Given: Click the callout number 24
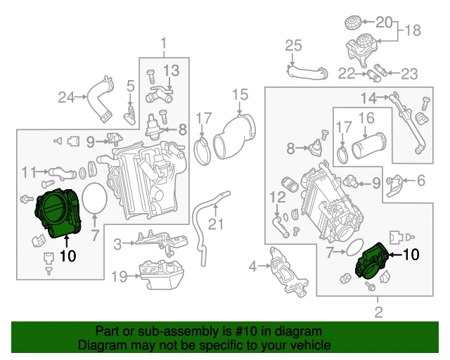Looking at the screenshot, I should pyautogui.click(x=66, y=97).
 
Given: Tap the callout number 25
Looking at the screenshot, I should pyautogui.click(x=293, y=47).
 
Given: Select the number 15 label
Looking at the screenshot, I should pyautogui.click(x=240, y=95).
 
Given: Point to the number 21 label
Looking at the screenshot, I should pyautogui.click(x=215, y=224).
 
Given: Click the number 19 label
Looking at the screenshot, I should pyautogui.click(x=120, y=276).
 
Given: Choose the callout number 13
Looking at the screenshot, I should pyautogui.click(x=172, y=70).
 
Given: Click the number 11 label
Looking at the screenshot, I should pyautogui.click(x=29, y=171).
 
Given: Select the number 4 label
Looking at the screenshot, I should pyautogui.click(x=253, y=266).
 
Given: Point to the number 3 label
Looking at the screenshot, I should pyautogui.click(x=119, y=244).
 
